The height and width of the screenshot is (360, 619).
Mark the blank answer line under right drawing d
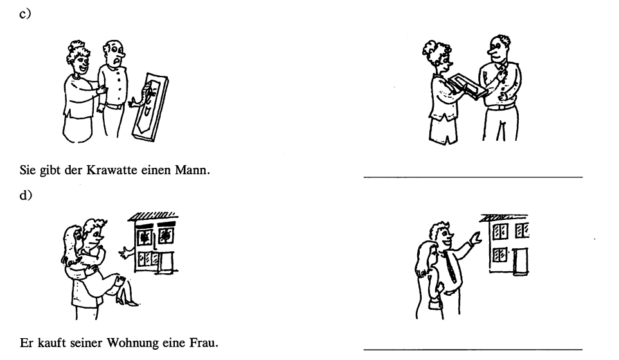(473, 348)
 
